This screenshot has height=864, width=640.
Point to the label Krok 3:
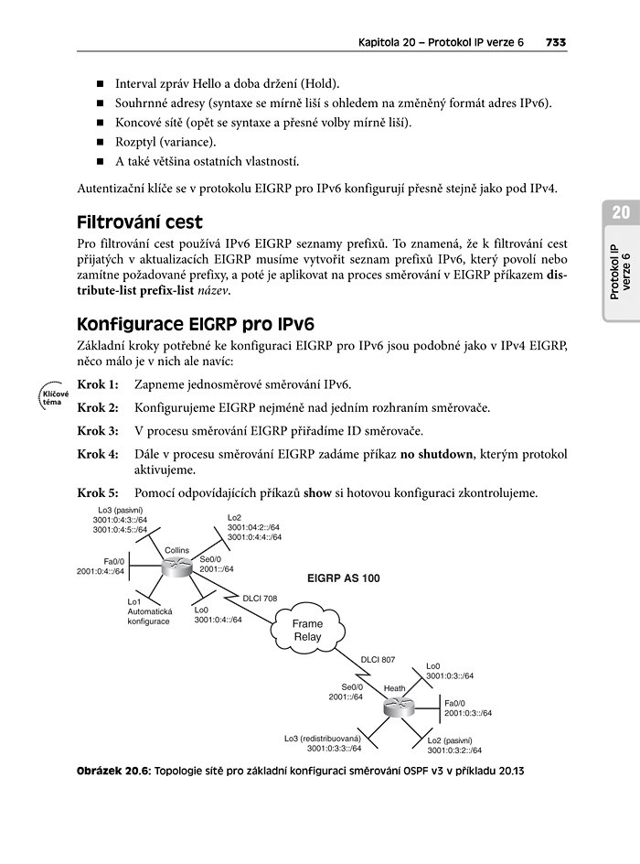pyautogui.click(x=98, y=430)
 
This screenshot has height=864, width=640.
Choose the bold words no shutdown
pyautogui.click(x=430, y=454)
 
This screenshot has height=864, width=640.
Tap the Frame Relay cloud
pyautogui.click(x=307, y=630)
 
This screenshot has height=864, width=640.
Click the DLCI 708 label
pyautogui.click(x=261, y=599)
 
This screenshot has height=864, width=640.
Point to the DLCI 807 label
pyautogui.click(x=378, y=659)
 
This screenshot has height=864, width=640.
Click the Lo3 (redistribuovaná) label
pyautogui.click(x=323, y=738)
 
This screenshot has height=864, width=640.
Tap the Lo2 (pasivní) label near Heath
pyautogui.click(x=449, y=740)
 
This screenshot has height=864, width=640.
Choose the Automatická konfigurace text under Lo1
pyautogui.click(x=149, y=616)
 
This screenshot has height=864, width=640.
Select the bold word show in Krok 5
pyautogui.click(x=318, y=493)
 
